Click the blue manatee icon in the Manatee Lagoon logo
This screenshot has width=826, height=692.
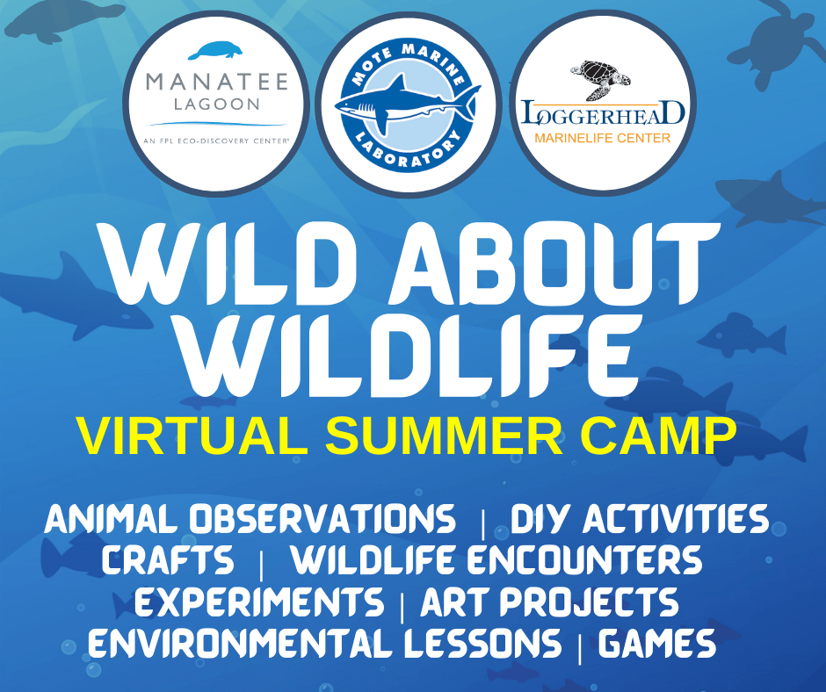(215, 51)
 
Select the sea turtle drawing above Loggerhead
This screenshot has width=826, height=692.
(600, 80)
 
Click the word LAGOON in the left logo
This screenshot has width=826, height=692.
(216, 105)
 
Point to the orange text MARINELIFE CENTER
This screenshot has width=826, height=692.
(603, 138)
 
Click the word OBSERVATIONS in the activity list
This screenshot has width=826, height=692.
(322, 519)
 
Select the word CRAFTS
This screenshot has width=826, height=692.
(168, 559)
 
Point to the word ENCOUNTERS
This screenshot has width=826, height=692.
(584, 559)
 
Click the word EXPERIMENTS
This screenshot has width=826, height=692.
(259, 602)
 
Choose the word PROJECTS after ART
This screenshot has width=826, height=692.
(589, 602)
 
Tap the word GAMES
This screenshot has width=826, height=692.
(657, 643)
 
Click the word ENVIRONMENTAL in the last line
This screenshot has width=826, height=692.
(241, 643)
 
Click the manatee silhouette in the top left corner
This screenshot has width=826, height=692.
(63, 21)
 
